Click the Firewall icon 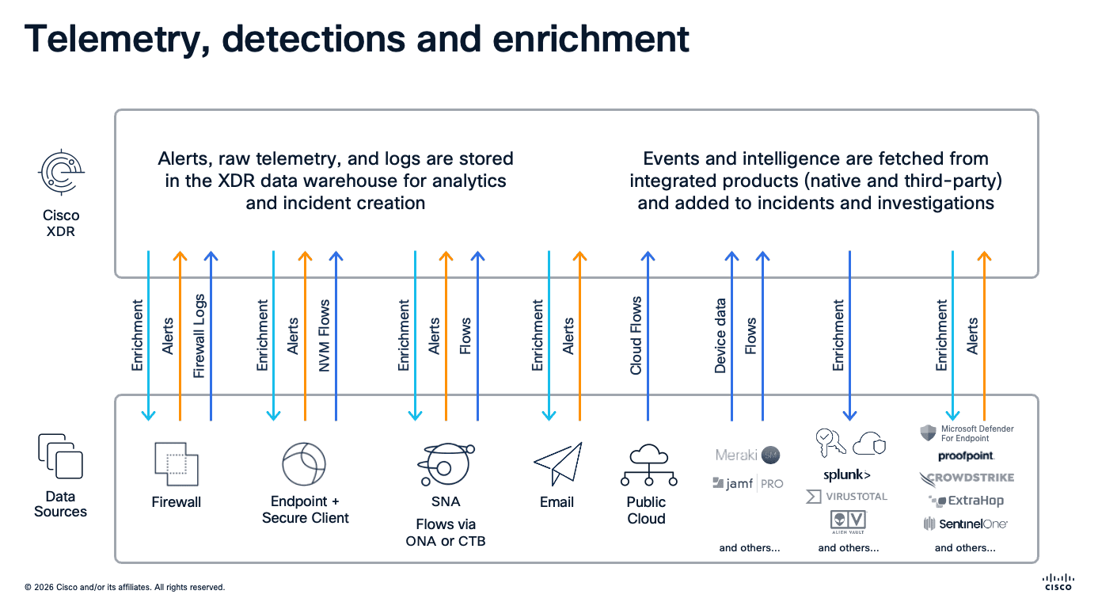177,464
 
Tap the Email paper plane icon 557,464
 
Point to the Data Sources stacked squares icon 60,455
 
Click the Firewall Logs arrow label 199,336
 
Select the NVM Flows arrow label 324,336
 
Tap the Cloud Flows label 636,336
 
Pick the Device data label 720,336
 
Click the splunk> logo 846,475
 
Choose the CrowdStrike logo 966,478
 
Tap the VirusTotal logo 846,497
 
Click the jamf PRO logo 747,483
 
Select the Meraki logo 747,455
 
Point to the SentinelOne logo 965,524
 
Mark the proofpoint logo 966,456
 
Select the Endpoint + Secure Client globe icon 304,464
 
